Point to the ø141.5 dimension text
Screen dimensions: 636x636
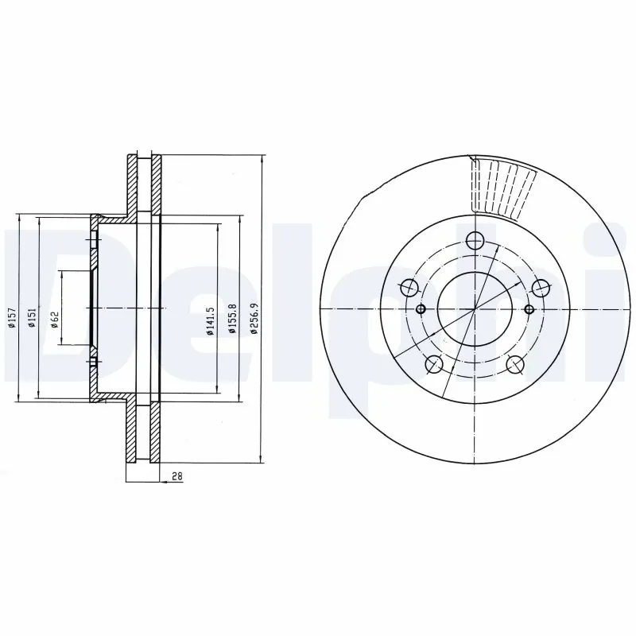pos(210,321)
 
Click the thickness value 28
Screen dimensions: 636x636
pos(177,477)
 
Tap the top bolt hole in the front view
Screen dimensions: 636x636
pos(475,240)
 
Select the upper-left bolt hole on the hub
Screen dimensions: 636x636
pos(409,288)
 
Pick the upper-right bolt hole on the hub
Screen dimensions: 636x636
pos(540,288)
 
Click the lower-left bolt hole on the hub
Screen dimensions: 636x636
pos(434,364)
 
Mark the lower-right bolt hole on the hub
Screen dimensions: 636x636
pos(515,364)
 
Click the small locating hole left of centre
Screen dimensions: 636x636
pos(421,309)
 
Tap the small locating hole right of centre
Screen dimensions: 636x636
pos(529,309)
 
